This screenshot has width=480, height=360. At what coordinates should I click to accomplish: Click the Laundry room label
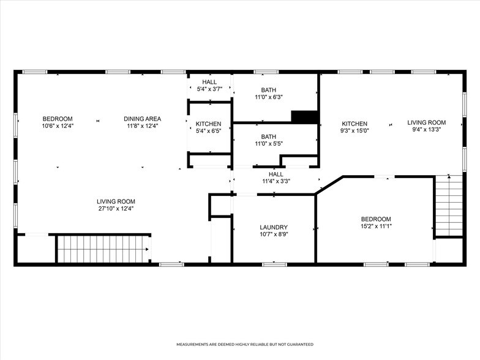point(274,227)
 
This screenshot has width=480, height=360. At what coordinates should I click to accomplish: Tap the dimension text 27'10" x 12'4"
point(116,209)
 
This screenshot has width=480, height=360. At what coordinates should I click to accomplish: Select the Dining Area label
point(142,119)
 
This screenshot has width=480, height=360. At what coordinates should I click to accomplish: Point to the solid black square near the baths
point(304,117)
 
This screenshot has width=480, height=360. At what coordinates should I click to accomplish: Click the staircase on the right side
point(449,206)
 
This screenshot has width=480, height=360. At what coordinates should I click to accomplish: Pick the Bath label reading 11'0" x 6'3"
point(268,89)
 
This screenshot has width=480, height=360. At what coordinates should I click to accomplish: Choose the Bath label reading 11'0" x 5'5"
point(268,137)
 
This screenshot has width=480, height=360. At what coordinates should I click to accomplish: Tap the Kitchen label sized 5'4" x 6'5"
point(209,124)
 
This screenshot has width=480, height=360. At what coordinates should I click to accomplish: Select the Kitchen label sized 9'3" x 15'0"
point(354,124)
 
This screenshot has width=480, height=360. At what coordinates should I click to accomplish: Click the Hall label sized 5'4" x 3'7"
point(209,82)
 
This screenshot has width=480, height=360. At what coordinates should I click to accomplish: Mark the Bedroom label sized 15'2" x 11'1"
point(375,219)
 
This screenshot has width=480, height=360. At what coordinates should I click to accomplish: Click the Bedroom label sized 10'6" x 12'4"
point(58,119)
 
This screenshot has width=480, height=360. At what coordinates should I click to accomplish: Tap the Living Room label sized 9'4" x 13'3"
point(427,122)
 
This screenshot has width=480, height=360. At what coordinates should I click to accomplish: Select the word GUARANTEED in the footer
point(299,345)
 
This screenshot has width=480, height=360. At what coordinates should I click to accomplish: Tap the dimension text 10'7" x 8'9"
point(274,234)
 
